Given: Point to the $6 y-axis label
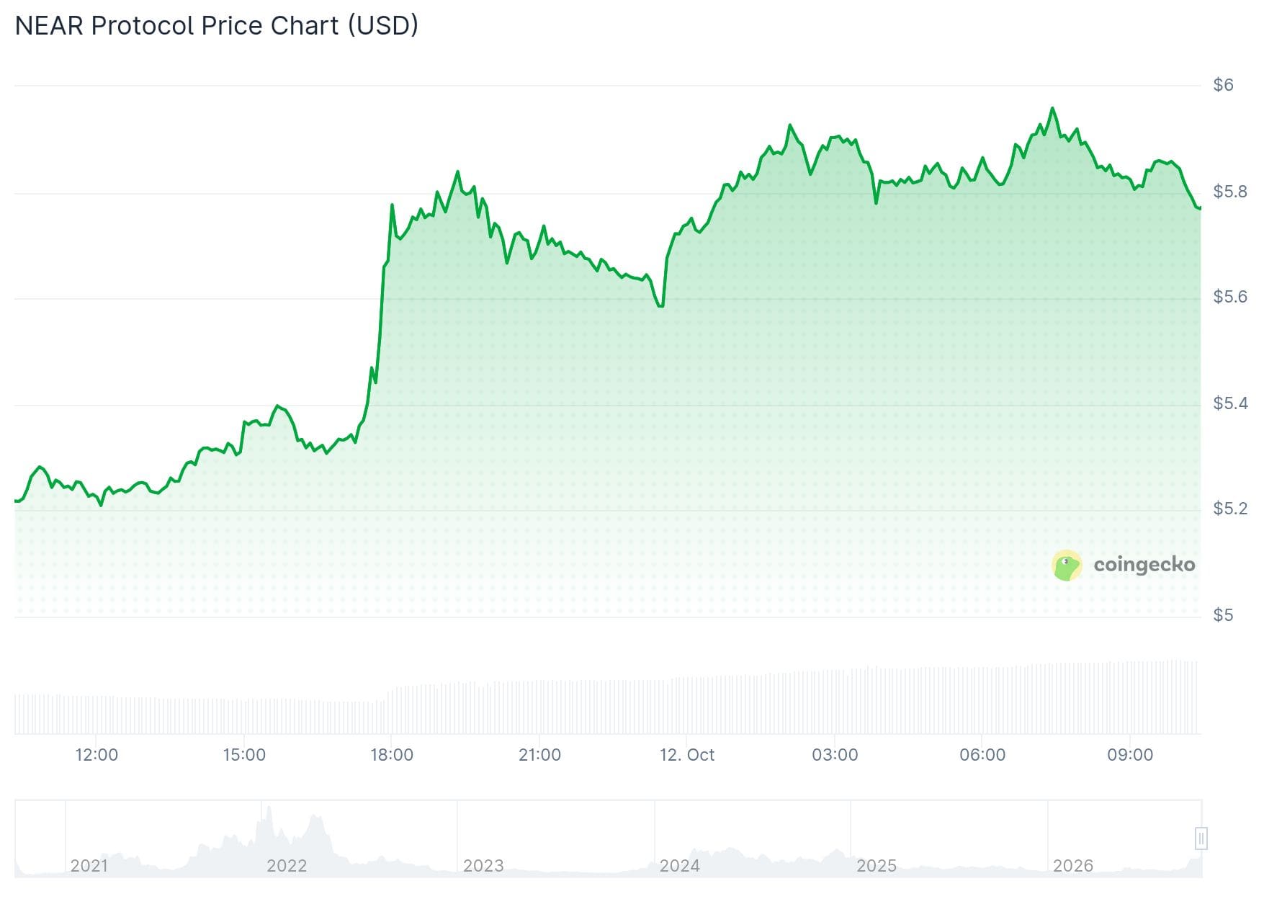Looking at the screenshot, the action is [x=1223, y=85].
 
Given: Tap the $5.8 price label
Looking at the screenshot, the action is [x=1230, y=192].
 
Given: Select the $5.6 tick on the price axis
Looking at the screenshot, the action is [x=1230, y=297].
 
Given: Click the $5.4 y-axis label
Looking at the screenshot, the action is [x=1230, y=403].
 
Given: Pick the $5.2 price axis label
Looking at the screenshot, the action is [x=1230, y=509].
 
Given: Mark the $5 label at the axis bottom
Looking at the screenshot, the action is [x=1223, y=615].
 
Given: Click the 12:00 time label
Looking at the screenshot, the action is [x=97, y=755].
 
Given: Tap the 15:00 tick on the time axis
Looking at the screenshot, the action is [x=244, y=755].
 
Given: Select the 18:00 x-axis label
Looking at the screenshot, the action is [x=392, y=755].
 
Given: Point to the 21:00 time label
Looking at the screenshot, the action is [x=539, y=755].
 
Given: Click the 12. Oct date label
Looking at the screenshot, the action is [x=687, y=755].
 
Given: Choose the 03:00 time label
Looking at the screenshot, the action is [x=835, y=755].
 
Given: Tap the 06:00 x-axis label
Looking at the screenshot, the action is [x=982, y=755].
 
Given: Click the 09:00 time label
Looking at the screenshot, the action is [x=1130, y=755].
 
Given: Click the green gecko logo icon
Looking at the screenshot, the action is [x=1067, y=565].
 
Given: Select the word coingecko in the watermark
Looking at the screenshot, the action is [x=1144, y=565].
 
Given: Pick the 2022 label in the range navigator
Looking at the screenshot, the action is [x=287, y=866].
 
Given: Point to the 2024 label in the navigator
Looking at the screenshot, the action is [x=680, y=866].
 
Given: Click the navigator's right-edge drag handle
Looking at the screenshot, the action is [x=1201, y=838].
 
